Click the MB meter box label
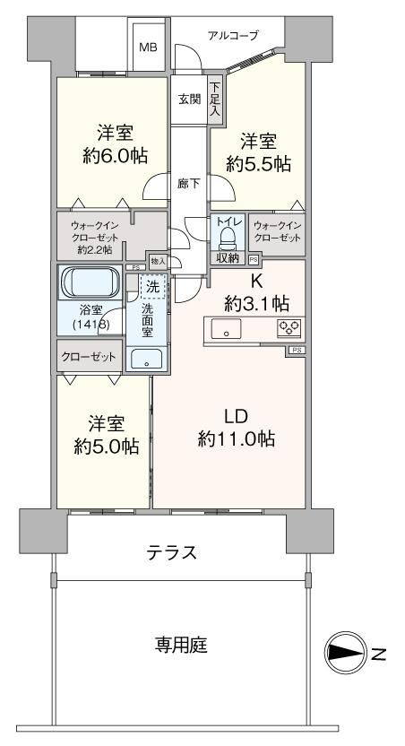pyautogui.click(x=148, y=48)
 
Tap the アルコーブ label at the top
pyautogui.click(x=233, y=35)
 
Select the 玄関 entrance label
pyautogui.click(x=190, y=100)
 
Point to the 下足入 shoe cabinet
pyautogui.click(x=215, y=100)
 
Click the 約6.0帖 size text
pyautogui.click(x=115, y=156)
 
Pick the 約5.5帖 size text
pyautogui.click(x=258, y=164)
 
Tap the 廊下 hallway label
pyautogui.click(x=189, y=184)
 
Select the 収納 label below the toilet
pyautogui.click(x=228, y=258)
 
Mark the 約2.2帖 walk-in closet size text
pyautogui.click(x=96, y=249)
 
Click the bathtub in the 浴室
pyautogui.click(x=90, y=282)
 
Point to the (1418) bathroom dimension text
pyautogui.click(x=90, y=325)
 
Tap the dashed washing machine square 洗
pyautogui.click(x=153, y=286)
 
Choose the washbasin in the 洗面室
pyautogui.click(x=146, y=359)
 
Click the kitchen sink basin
pyautogui.click(x=227, y=329)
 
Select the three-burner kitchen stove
pyautogui.click(x=289, y=328)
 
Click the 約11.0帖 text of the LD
pyautogui.click(x=237, y=438)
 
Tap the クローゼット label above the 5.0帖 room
pyautogui.click(x=89, y=357)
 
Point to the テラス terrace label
pyautogui.click(x=171, y=553)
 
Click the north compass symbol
pyautogui.click(x=344, y=652)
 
